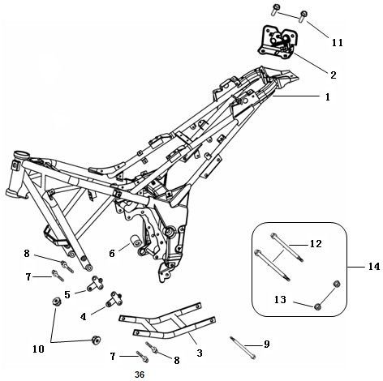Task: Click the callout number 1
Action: pyautogui.click(x=328, y=96)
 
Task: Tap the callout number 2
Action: pyautogui.click(x=333, y=74)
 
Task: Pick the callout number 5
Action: pyautogui.click(x=67, y=293)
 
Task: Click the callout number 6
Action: pyautogui.click(x=113, y=253)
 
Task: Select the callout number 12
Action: pyautogui.click(x=316, y=243)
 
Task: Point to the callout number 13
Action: pyautogui.click(x=281, y=299)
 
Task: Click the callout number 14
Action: pyautogui.click(x=371, y=266)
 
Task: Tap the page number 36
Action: pyautogui.click(x=139, y=375)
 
